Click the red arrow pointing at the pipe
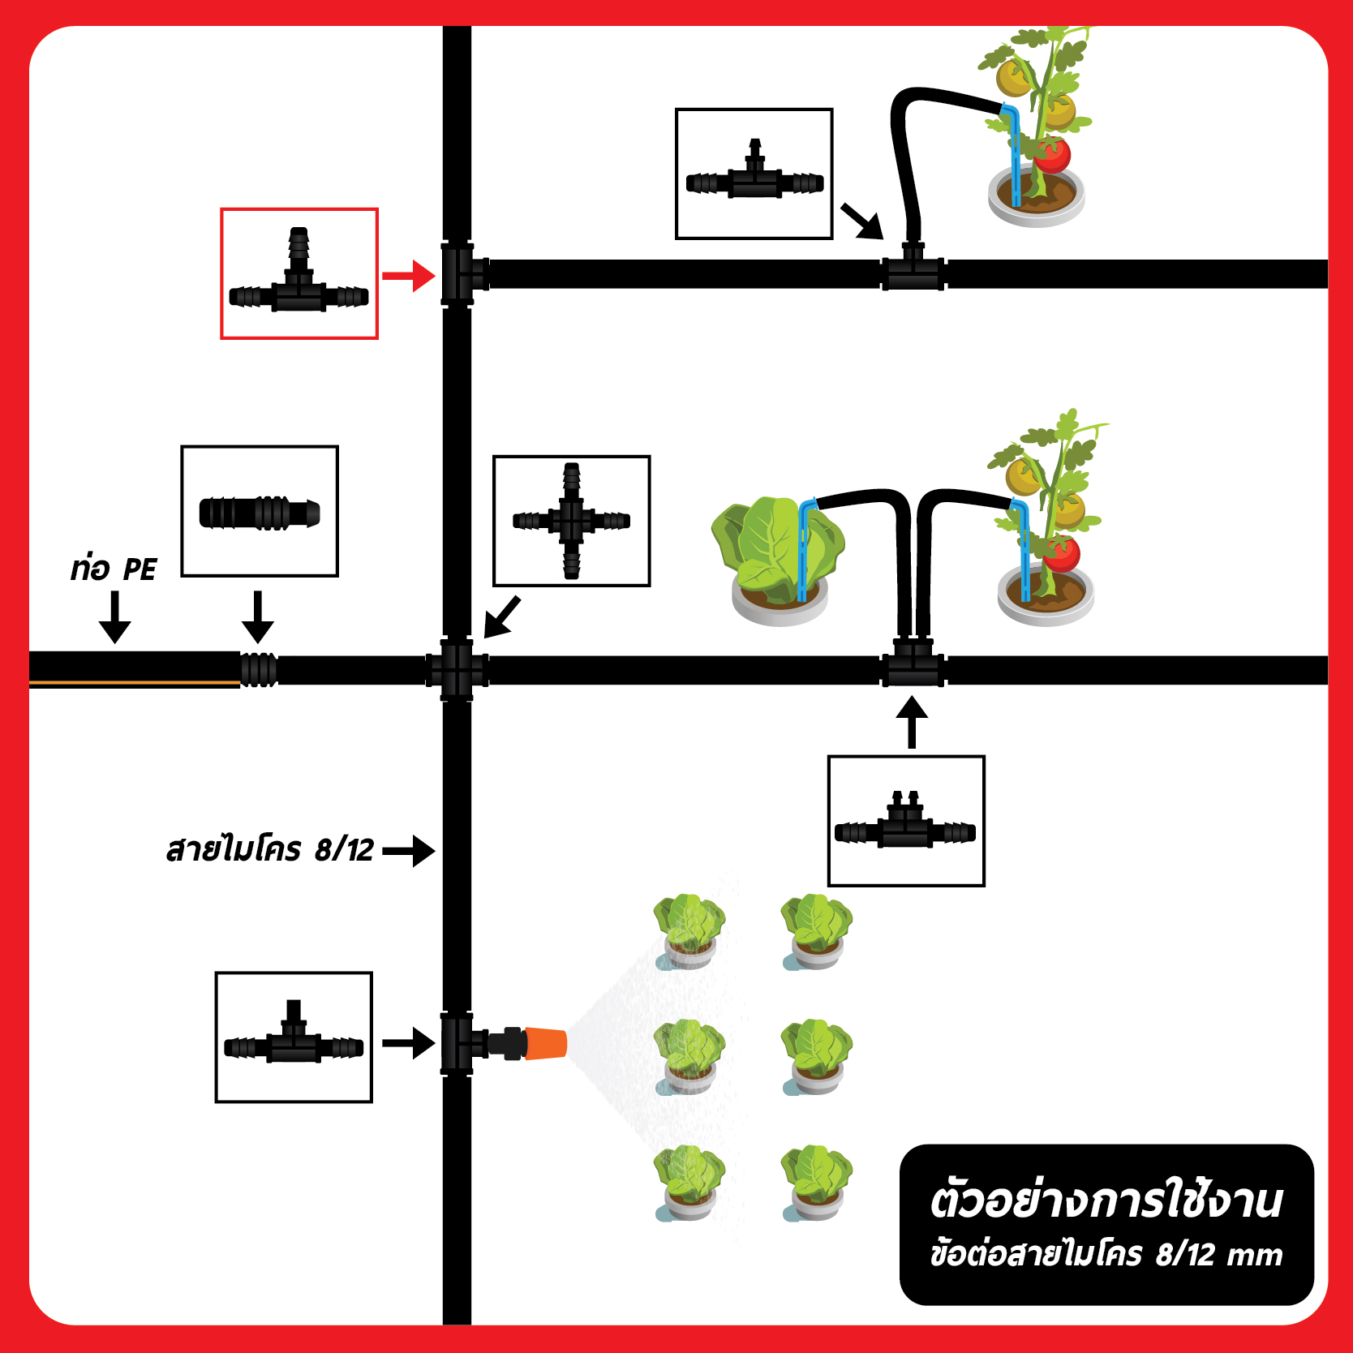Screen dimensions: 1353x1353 pos(409,276)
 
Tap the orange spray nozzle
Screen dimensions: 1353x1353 pos(545,1043)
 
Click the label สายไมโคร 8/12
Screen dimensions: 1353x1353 pos(269,850)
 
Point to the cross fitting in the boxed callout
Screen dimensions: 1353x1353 pos(572,521)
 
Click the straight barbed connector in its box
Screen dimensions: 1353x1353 pos(260,513)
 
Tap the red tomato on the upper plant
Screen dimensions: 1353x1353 pos(1053,155)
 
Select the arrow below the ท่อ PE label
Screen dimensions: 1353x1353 pos(115,617)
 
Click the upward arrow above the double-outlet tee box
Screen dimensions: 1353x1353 pos(912,721)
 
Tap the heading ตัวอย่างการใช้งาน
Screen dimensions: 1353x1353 pos(1106,1201)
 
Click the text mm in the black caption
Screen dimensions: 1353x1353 pos(1255,1256)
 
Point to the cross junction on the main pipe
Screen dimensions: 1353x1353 pos(457,670)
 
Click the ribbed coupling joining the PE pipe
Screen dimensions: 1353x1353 pos(259,669)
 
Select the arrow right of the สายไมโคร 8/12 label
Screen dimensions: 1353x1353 pos(409,851)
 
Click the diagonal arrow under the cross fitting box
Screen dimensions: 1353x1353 pos(502,617)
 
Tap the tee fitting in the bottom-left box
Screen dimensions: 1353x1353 pos(294,1035)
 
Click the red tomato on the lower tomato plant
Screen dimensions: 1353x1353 pos(1061,554)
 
